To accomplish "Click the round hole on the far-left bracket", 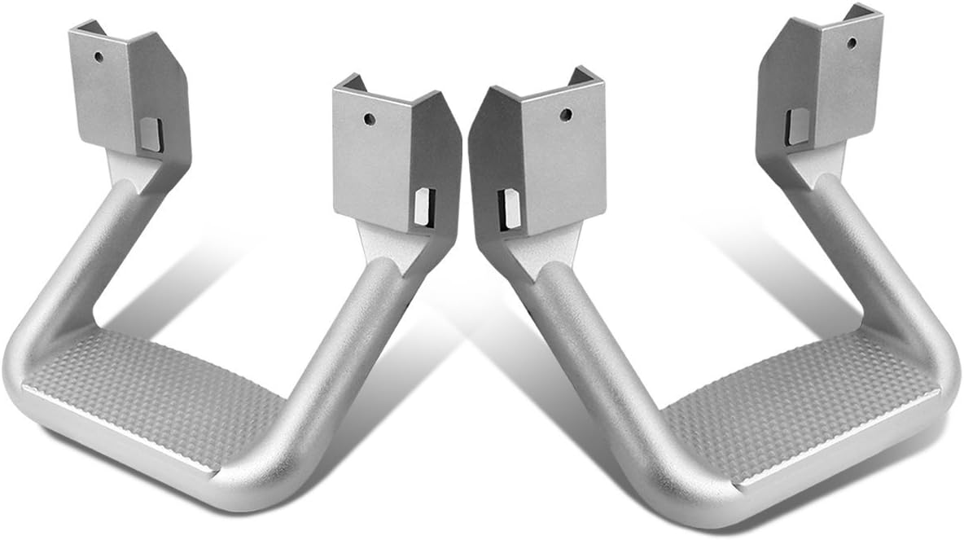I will pyautogui.click(x=99, y=58).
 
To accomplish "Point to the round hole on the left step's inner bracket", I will pyautogui.click(x=370, y=119).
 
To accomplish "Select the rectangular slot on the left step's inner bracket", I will pyautogui.click(x=423, y=207).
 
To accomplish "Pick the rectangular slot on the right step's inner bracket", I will pyautogui.click(x=506, y=208).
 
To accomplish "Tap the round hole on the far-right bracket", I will pyautogui.click(x=851, y=42).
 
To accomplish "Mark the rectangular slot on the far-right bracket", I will pyautogui.click(x=797, y=126).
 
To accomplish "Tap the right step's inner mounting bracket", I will pyautogui.click(x=537, y=155).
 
